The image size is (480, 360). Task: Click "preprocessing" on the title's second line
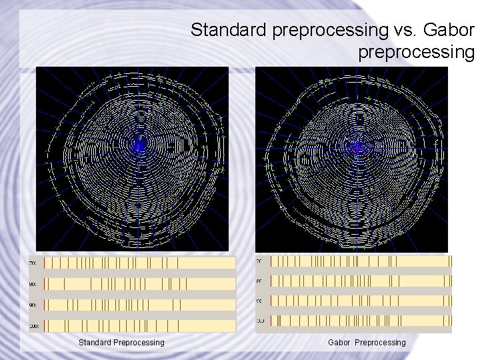(416, 51)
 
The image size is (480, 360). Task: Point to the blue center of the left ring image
(139, 145)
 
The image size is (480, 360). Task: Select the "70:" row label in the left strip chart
(32, 264)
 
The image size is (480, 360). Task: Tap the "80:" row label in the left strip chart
(32, 285)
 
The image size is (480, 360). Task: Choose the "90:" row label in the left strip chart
(32, 305)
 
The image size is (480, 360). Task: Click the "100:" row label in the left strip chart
(32, 326)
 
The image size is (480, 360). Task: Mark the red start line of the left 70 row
(45, 263)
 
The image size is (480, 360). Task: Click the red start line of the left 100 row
(45, 325)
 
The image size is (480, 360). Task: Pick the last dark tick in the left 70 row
(178, 263)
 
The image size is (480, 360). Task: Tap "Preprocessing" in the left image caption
(139, 343)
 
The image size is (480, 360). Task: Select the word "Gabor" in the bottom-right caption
(340, 343)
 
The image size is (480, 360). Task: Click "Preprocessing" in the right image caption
(380, 343)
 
